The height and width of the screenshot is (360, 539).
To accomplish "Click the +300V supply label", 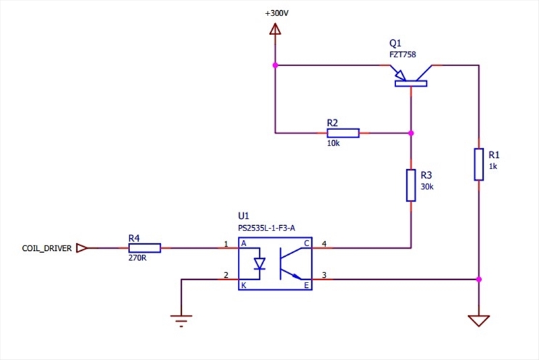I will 277,13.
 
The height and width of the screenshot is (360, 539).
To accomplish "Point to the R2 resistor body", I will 342,133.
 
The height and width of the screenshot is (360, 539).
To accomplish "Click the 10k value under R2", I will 333,144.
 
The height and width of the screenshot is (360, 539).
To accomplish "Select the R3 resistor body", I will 411,185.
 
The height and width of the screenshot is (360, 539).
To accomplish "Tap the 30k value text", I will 426,186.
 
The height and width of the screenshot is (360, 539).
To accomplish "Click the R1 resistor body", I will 478,164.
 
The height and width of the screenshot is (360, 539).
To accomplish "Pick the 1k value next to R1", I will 493,166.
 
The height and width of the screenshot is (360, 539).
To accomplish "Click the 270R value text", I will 137,258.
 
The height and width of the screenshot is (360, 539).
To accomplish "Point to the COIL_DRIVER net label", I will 46,248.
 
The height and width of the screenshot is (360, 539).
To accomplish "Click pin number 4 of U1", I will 324,243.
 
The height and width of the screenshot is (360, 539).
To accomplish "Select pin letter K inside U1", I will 243,286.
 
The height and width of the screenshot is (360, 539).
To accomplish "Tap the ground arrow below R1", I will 478,320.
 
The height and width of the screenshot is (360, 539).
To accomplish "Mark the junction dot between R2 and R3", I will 411,133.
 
